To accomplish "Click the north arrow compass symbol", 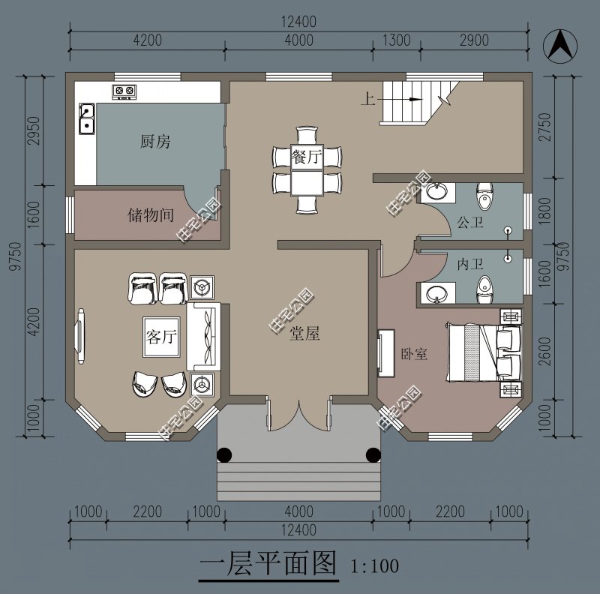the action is click(560, 46).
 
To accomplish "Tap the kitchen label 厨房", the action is click(155, 141).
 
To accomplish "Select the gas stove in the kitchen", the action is click(124, 91).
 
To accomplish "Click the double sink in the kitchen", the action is click(87, 118).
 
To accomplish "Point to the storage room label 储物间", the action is click(151, 214).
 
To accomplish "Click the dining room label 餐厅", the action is click(307, 157).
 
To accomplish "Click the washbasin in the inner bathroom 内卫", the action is click(436, 293).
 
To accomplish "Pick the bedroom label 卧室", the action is click(414, 354).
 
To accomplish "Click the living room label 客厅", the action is click(161, 337).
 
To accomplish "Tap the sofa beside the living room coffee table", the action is click(203, 337).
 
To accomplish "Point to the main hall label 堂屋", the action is click(304, 333).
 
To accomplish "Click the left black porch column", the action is click(224, 454).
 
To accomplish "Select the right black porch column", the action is click(373, 454).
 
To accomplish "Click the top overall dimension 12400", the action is click(298, 22).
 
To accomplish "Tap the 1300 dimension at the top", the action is click(397, 40).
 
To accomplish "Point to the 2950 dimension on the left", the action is click(34, 130).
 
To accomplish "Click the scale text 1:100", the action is click(374, 566).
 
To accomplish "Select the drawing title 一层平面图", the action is click(268, 564).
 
